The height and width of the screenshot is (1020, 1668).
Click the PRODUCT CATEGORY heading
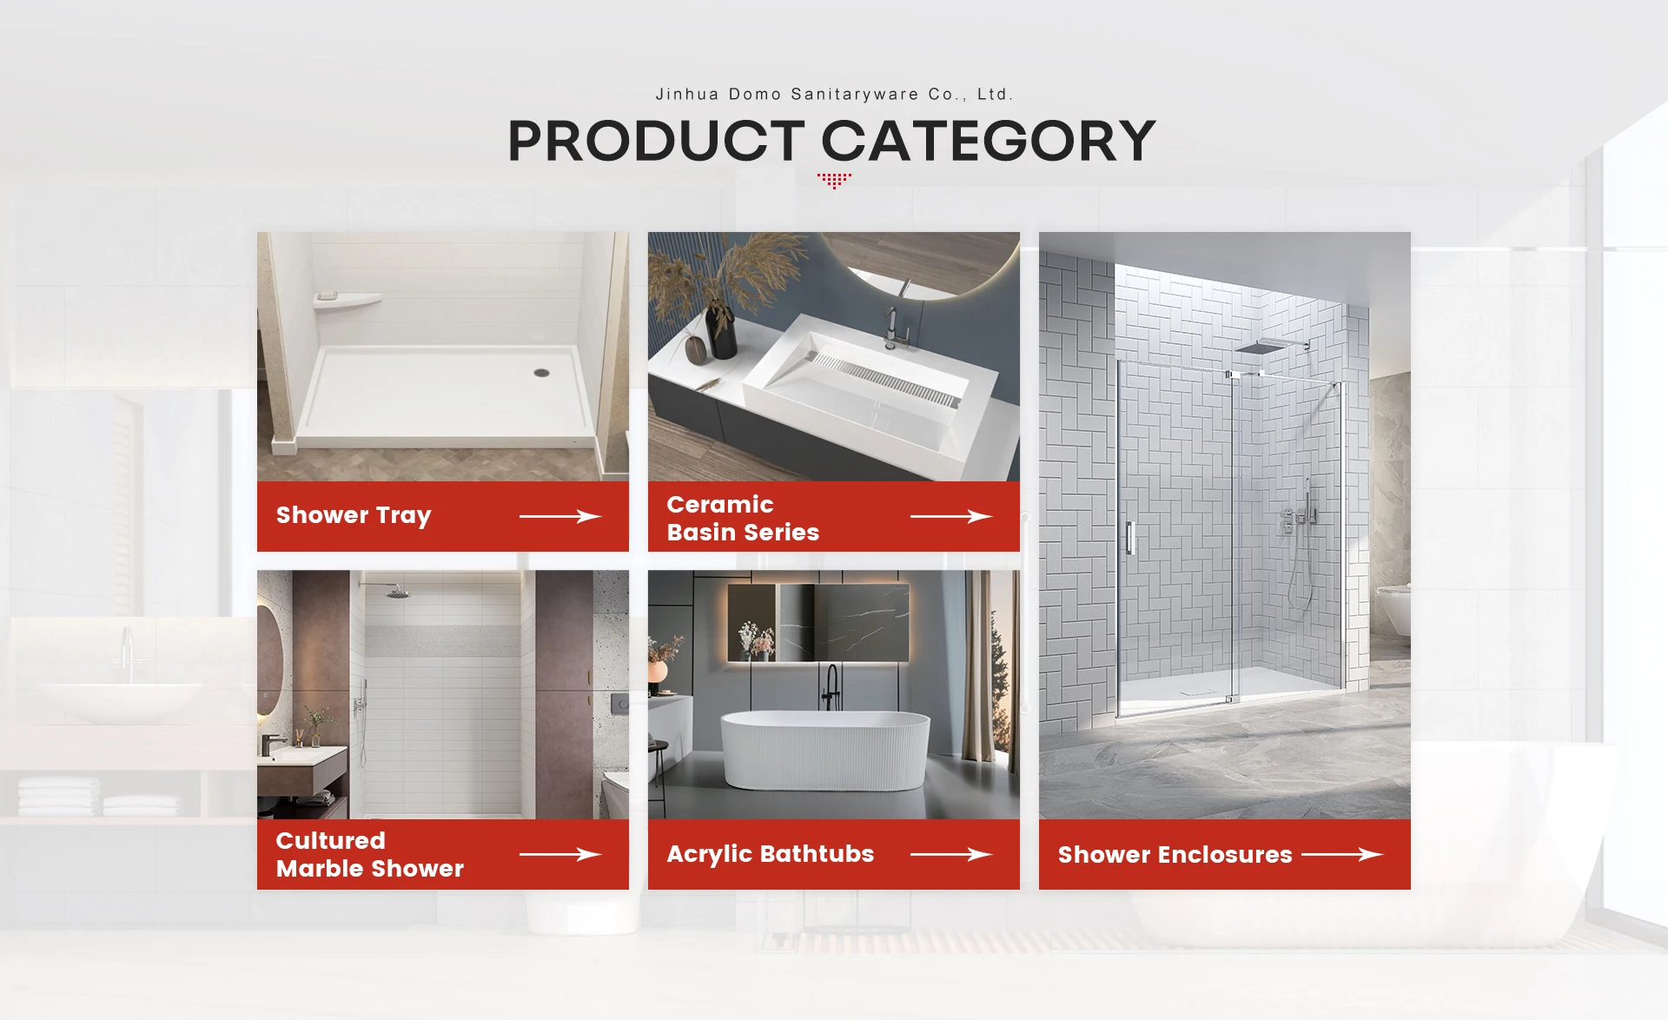pyautogui.click(x=831, y=141)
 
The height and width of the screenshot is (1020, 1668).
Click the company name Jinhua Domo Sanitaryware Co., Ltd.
pyautogui.click(x=834, y=94)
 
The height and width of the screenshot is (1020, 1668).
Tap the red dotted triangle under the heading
pyautogui.click(x=834, y=181)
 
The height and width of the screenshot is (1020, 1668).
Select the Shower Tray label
pyautogui.click(x=354, y=516)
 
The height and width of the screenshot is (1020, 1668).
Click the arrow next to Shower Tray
pyautogui.click(x=560, y=516)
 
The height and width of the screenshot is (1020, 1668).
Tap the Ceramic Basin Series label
pyautogui.click(x=743, y=518)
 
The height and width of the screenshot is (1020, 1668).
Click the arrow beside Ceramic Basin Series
pyautogui.click(x=951, y=516)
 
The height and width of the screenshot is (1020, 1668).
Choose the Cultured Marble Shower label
pyautogui.click(x=370, y=854)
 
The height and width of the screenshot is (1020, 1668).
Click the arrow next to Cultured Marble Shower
pyautogui.click(x=560, y=854)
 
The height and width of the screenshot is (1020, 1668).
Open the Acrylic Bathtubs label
pyautogui.click(x=771, y=854)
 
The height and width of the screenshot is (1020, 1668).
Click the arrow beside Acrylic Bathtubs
pyautogui.click(x=951, y=854)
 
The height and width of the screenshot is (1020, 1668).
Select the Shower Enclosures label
pyautogui.click(x=1175, y=855)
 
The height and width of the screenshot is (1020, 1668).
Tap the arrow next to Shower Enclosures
pyautogui.click(x=1342, y=854)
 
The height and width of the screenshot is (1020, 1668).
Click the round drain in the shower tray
pyautogui.click(x=541, y=372)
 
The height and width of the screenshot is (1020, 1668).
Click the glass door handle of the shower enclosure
pyautogui.click(x=1130, y=538)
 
